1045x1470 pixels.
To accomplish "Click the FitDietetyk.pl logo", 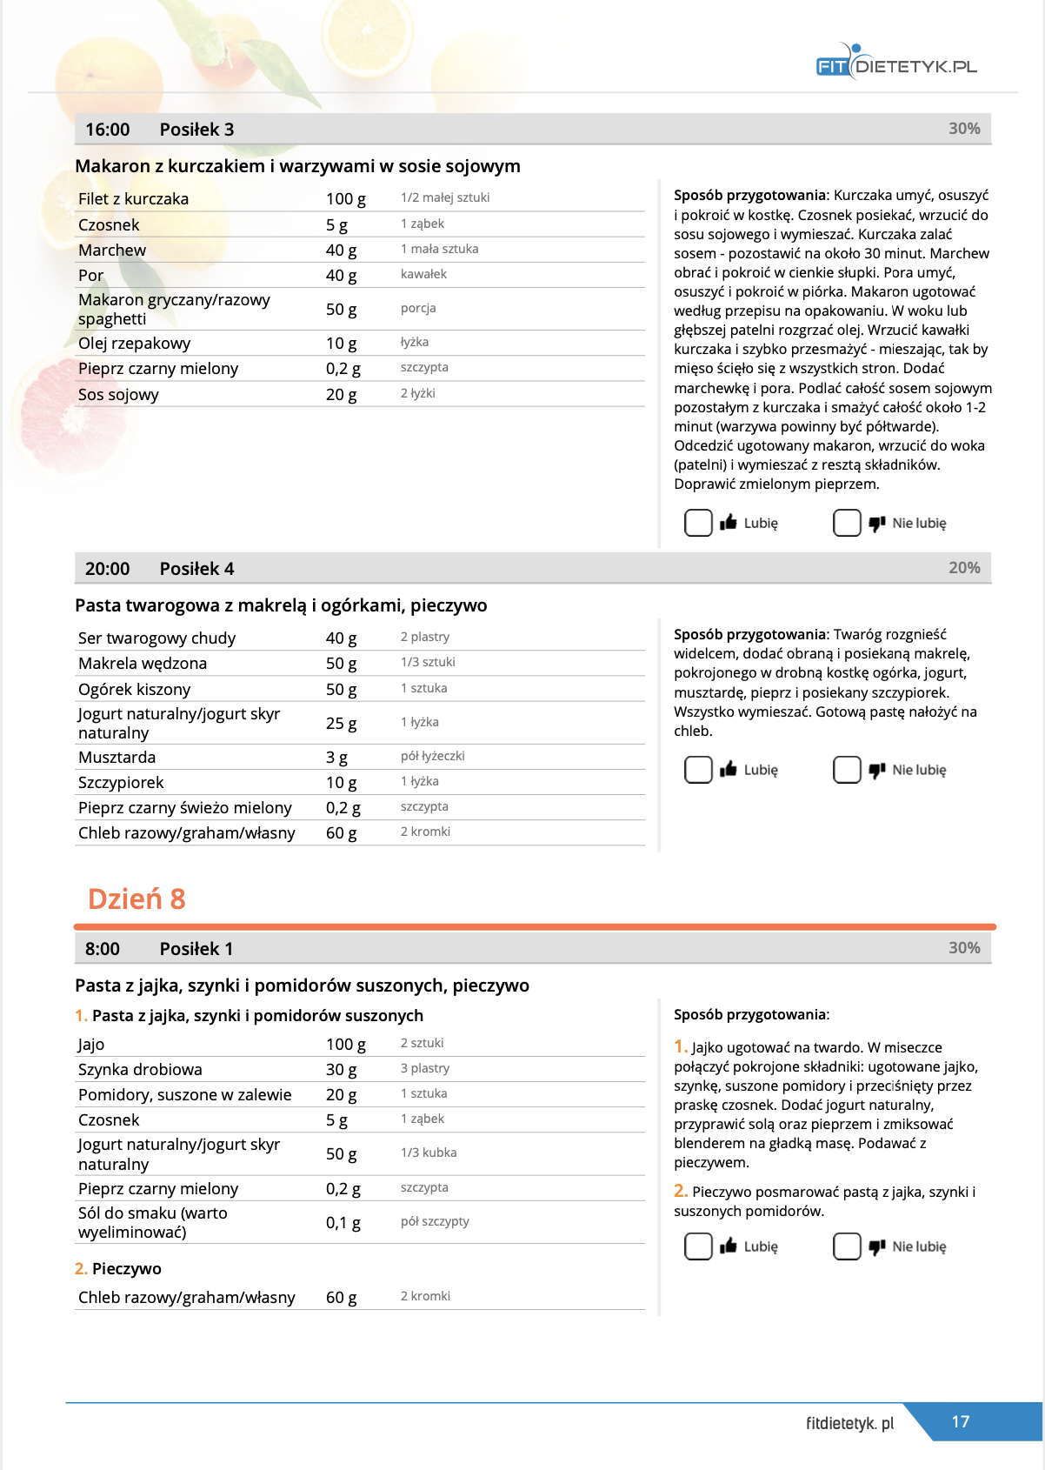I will click(896, 62).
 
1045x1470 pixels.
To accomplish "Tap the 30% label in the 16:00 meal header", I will click(964, 129).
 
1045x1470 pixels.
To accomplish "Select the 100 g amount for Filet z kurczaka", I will click(345, 199).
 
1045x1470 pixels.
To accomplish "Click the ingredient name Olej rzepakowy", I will click(134, 344).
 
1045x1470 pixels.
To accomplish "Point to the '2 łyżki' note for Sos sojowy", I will click(417, 393).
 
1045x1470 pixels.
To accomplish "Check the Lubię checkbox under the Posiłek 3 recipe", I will click(698, 523).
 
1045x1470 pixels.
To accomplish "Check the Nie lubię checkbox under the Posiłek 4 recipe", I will click(847, 770).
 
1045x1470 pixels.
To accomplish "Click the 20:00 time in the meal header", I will click(107, 569).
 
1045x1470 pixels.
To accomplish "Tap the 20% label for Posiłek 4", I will click(964, 568).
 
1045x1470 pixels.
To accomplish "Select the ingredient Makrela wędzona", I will click(143, 664).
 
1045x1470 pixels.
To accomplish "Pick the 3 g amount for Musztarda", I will click(336, 758).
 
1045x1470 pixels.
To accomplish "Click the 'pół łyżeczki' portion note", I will click(432, 756).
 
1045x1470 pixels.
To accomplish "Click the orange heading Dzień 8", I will click(136, 899).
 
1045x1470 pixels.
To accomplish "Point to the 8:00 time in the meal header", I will click(103, 949).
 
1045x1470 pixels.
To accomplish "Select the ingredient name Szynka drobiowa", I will click(140, 1070).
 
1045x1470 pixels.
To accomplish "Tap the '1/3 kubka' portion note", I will click(428, 1153).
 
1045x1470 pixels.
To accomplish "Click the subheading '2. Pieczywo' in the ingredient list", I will click(118, 1269).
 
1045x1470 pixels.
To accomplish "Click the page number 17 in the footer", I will click(960, 1421).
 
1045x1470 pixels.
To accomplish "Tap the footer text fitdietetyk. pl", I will click(849, 1423).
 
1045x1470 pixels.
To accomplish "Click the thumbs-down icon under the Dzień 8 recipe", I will click(877, 1247).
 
